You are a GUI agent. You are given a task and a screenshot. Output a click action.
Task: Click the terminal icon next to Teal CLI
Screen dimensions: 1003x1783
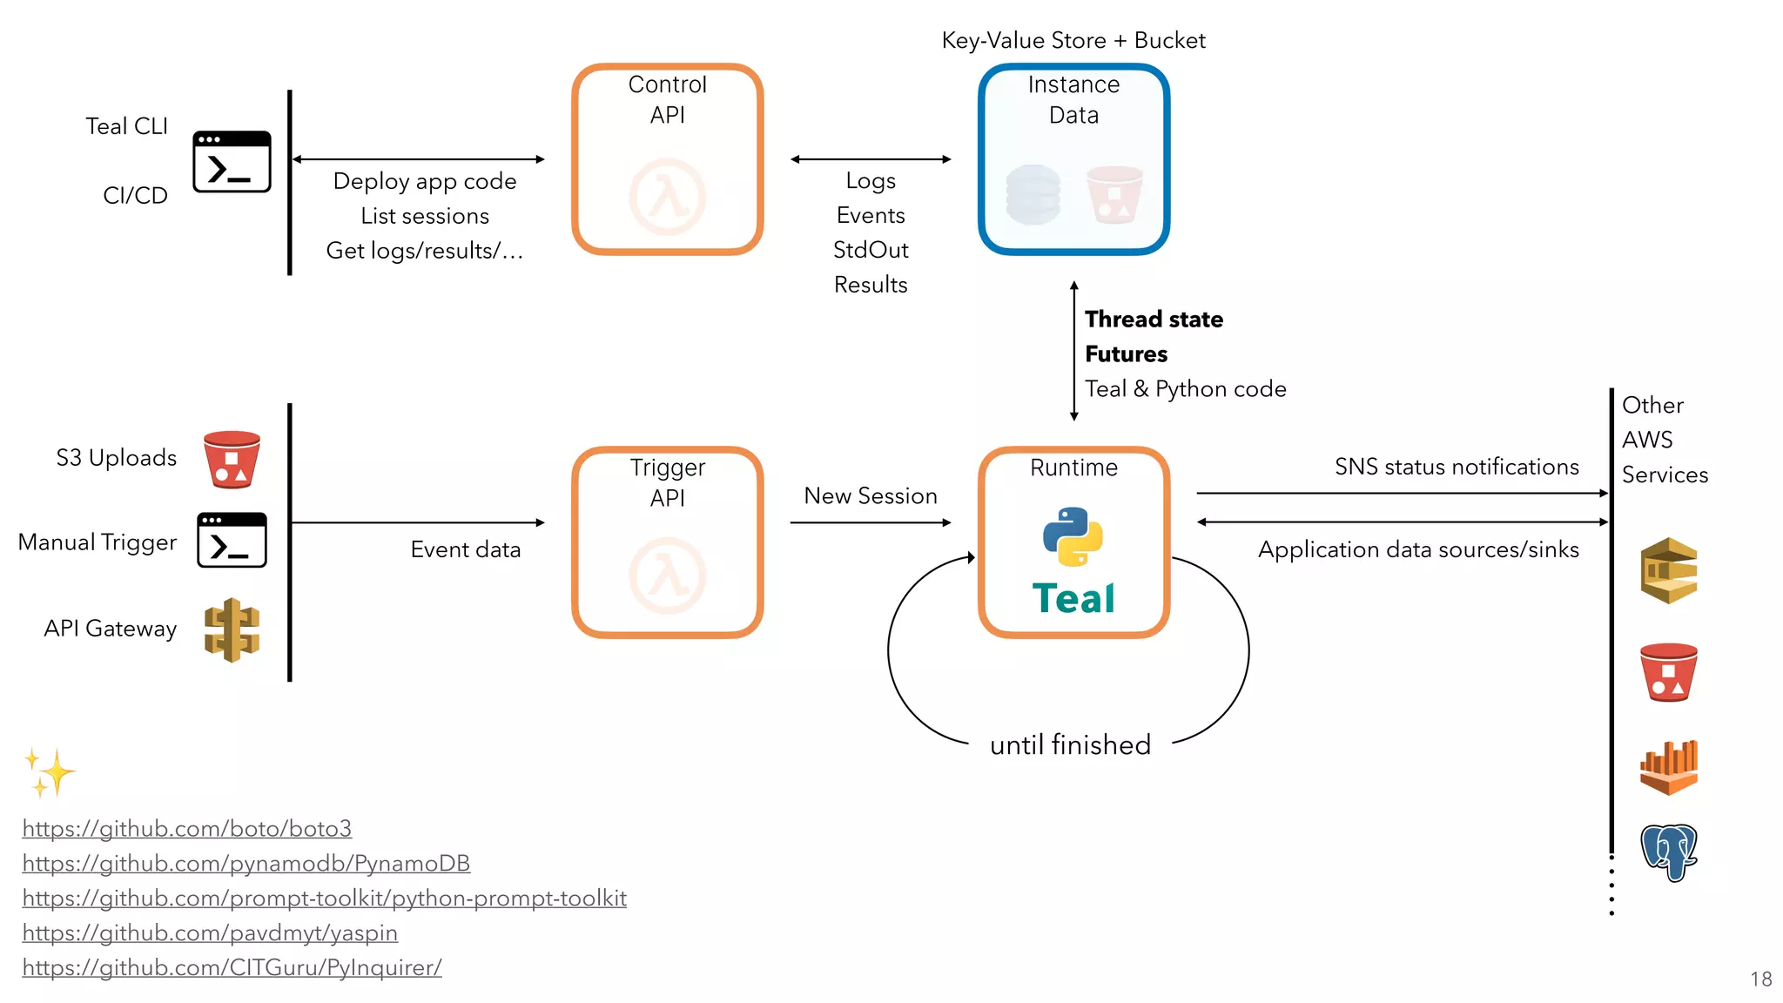(232, 162)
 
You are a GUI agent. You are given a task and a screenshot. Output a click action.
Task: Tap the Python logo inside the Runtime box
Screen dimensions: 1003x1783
(1073, 536)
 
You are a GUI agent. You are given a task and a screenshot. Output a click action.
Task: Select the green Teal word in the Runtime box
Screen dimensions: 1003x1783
(1073, 599)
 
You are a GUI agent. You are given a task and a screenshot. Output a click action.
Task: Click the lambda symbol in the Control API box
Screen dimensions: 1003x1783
(668, 197)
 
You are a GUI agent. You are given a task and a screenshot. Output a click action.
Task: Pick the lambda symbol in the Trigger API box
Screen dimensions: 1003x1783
(668, 576)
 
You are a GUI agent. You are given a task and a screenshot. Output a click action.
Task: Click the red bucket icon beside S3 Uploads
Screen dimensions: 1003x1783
(232, 459)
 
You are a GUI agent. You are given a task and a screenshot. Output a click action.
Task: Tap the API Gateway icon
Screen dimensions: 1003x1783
(232, 629)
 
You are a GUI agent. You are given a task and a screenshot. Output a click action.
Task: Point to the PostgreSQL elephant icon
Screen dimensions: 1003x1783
(1668, 852)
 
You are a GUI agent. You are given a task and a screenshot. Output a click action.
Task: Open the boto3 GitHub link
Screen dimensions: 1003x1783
(186, 828)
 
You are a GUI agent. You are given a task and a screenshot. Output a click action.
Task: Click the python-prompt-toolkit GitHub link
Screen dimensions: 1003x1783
(324, 898)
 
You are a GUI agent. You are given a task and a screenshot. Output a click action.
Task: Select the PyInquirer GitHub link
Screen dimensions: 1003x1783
(232, 967)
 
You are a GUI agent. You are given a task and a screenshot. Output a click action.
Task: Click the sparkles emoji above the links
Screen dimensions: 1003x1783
(50, 771)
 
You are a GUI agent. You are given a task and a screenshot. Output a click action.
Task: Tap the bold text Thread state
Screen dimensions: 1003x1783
(1154, 320)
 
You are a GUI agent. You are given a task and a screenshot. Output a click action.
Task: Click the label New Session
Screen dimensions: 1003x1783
(870, 495)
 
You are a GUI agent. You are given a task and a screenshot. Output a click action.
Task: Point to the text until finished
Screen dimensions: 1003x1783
(1070, 745)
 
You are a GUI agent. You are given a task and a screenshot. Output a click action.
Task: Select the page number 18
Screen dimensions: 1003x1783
(1760, 979)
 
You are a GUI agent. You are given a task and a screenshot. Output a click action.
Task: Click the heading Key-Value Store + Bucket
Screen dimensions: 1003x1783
(1073, 41)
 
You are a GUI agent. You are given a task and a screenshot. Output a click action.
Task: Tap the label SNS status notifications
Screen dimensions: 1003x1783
(1456, 467)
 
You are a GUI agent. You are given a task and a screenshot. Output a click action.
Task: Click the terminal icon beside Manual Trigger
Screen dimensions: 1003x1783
(232, 540)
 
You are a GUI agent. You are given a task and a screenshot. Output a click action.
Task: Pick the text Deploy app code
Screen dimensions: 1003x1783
(425, 181)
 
